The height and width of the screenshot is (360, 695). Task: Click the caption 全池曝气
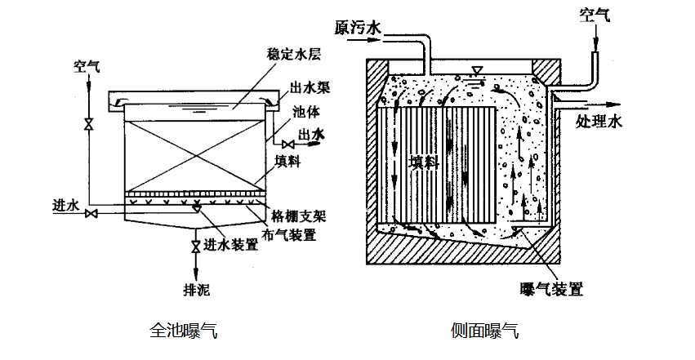184,331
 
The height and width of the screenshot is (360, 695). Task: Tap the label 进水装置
228,245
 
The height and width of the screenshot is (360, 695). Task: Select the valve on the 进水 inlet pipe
92,214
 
